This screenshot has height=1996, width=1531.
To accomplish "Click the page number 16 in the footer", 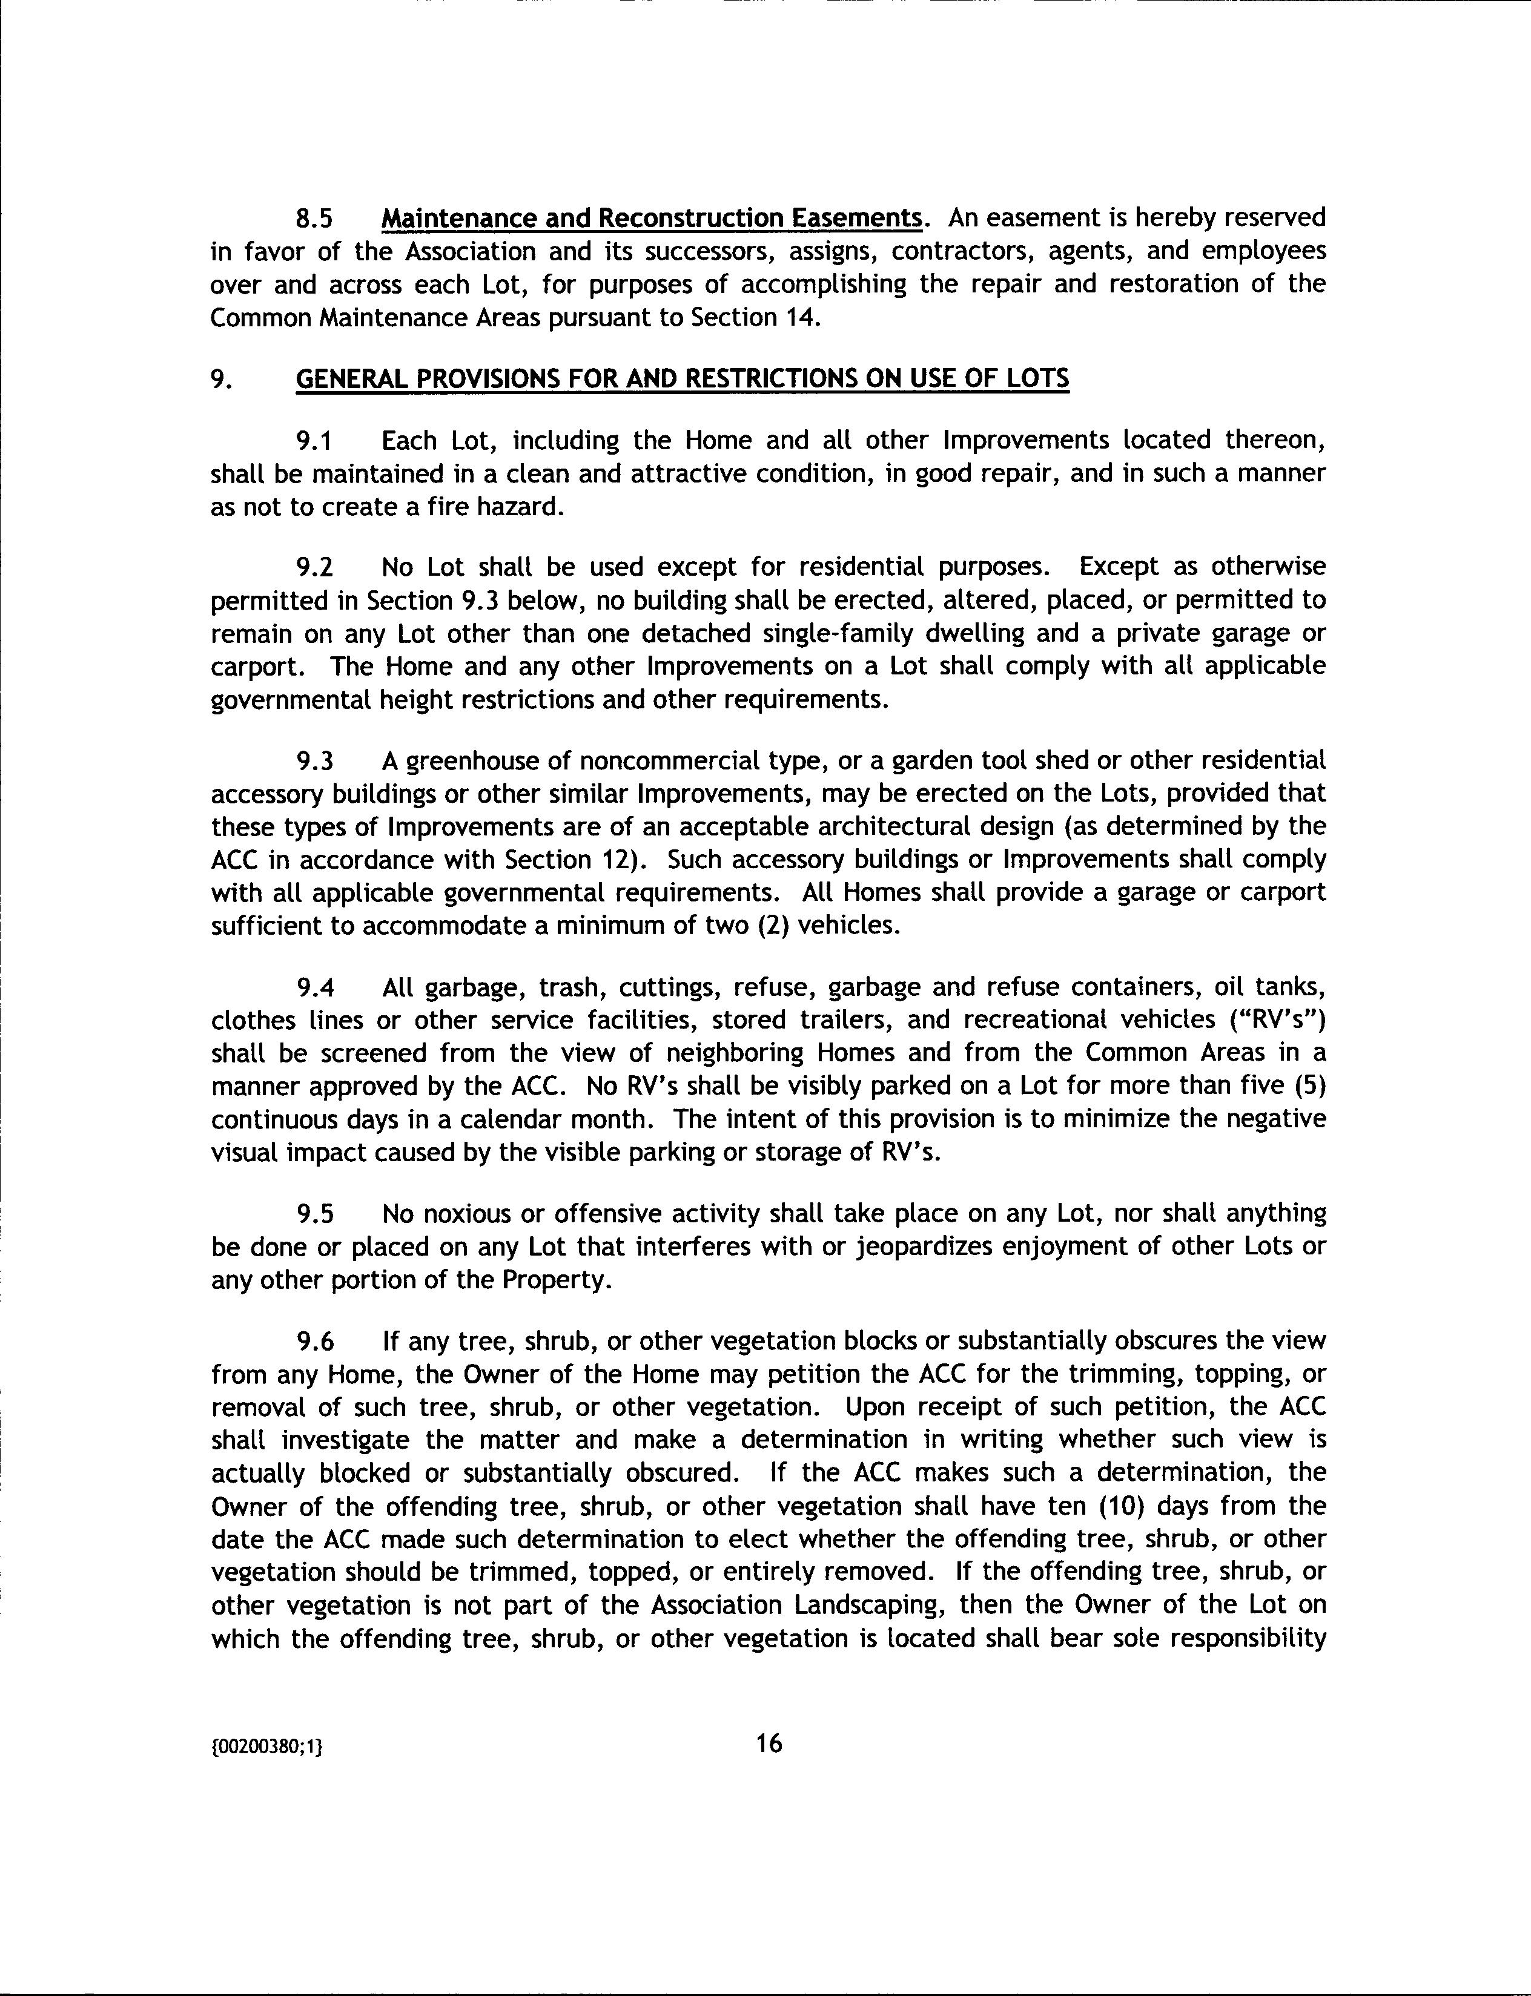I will pos(769,1744).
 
